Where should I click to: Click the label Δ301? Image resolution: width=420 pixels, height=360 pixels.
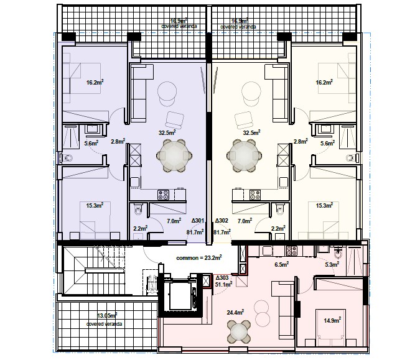pyautogui.click(x=198, y=221)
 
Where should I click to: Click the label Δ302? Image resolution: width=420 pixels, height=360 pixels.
pyautogui.click(x=222, y=221)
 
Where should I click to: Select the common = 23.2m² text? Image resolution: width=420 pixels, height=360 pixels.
pyautogui.click(x=198, y=257)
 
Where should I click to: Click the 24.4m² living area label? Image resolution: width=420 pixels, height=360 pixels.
pyautogui.click(x=235, y=312)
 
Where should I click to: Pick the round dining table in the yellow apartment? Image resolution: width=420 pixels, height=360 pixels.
pyautogui.click(x=245, y=155)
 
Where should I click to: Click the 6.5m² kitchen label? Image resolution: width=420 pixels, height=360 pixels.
pyautogui.click(x=282, y=264)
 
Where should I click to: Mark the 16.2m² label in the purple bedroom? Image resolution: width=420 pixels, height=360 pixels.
pyautogui.click(x=95, y=82)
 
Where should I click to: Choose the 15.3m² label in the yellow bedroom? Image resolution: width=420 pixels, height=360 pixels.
pyautogui.click(x=325, y=205)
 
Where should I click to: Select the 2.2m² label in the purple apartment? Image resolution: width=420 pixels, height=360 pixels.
pyautogui.click(x=140, y=228)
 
